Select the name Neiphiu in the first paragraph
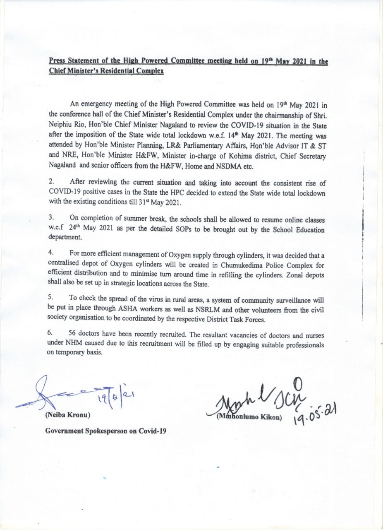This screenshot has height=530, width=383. (61, 123)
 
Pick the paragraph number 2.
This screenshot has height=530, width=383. (51, 181)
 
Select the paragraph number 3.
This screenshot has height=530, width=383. (51, 217)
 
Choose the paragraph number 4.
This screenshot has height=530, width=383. (51, 252)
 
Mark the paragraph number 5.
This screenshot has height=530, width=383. (51, 297)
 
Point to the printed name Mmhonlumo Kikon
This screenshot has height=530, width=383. (249, 417)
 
